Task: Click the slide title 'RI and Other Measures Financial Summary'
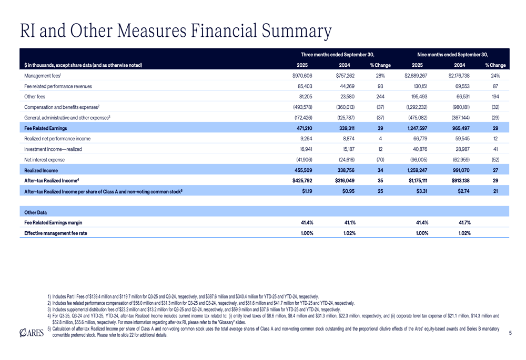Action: (x=175, y=31)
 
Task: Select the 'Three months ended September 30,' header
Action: (x=337, y=54)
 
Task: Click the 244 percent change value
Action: (x=380, y=96)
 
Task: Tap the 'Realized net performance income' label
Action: (x=57, y=139)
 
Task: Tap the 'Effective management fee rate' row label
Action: (x=56, y=233)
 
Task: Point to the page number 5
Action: (x=510, y=333)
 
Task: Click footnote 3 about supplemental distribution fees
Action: (x=195, y=310)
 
